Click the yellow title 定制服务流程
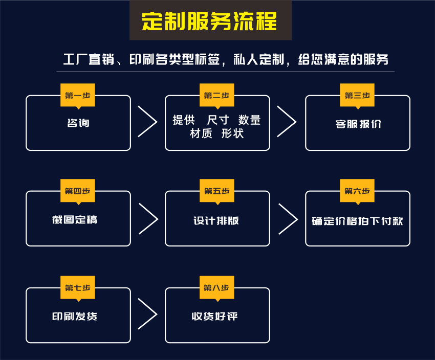click(x=210, y=21)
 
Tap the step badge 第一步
click(x=78, y=96)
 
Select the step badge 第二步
click(x=216, y=96)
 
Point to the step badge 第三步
click(x=357, y=96)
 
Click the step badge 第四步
click(x=78, y=191)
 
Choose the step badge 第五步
click(x=216, y=191)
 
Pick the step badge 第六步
click(x=357, y=191)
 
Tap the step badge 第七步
click(x=78, y=288)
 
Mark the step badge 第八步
click(x=216, y=288)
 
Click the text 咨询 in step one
click(x=78, y=123)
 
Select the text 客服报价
click(x=358, y=124)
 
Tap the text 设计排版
click(x=216, y=220)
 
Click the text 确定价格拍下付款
click(x=358, y=221)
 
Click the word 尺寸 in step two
click(x=216, y=120)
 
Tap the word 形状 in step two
click(x=233, y=134)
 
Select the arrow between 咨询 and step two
click(x=147, y=122)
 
